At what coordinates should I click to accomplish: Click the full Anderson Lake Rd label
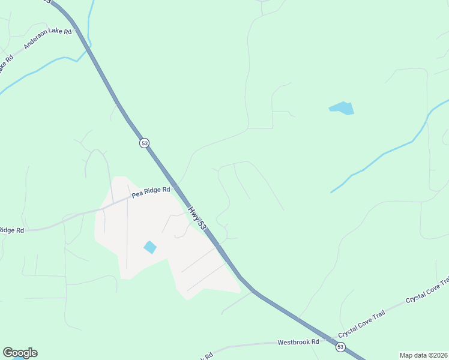pyautogui.click(x=47, y=39)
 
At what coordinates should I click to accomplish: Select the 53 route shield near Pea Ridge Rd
pyautogui.click(x=144, y=143)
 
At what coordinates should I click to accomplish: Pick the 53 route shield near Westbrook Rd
pyautogui.click(x=340, y=347)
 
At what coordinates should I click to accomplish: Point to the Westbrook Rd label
pyautogui.click(x=298, y=342)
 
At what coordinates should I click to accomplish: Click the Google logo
pyautogui.click(x=20, y=353)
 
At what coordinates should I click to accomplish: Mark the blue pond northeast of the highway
pyautogui.click(x=342, y=108)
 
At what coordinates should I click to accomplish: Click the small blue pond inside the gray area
pyautogui.click(x=149, y=247)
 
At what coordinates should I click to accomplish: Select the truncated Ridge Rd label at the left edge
pyautogui.click(x=11, y=230)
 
